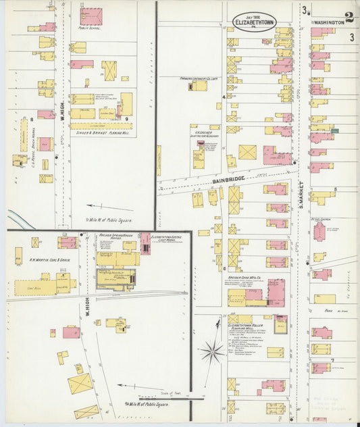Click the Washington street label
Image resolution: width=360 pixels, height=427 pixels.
point(328,22)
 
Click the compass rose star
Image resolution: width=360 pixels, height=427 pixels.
point(213,351)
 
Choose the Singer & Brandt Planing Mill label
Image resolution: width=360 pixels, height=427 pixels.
point(101,132)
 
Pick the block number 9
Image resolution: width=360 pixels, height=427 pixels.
point(126,119)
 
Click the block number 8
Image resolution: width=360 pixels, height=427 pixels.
point(31,120)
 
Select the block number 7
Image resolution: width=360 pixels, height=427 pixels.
point(332,360)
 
